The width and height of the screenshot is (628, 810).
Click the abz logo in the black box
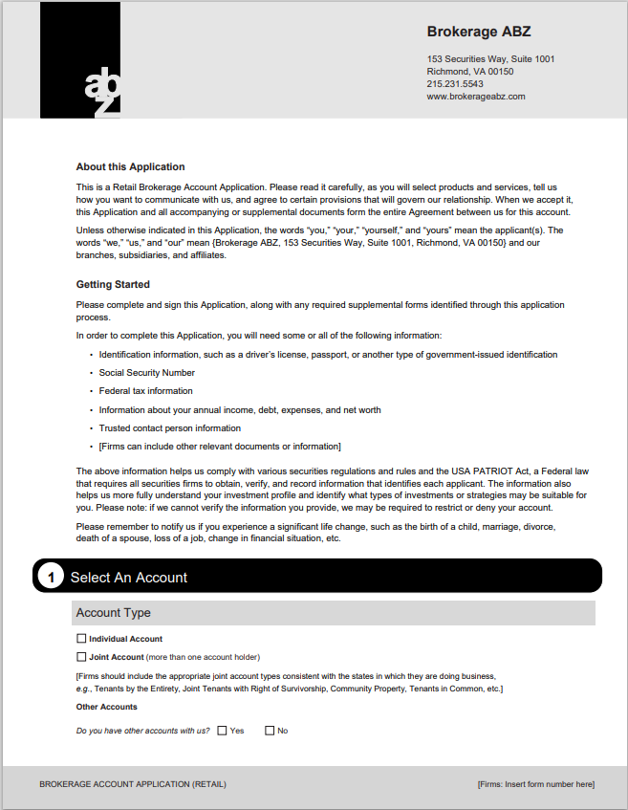[102, 91]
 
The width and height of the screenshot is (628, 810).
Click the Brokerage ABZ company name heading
[478, 33]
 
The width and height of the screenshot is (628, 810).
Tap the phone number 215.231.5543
[455, 84]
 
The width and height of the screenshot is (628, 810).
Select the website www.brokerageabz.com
[476, 97]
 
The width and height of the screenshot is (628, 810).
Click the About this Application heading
[130, 166]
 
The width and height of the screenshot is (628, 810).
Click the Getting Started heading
[113, 284]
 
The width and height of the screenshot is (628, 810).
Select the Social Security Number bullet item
[147, 373]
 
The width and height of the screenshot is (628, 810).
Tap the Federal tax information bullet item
[146, 391]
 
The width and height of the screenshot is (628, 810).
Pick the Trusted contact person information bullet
[170, 428]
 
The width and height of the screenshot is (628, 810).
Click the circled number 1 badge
[51, 577]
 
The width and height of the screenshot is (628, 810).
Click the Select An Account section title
[129, 578]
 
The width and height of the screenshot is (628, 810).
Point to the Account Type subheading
[113, 613]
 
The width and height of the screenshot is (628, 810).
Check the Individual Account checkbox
[81, 639]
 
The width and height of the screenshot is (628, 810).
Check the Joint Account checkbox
[81, 657]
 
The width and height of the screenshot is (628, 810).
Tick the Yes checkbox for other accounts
[222, 731]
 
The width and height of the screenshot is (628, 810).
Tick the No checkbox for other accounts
[270, 731]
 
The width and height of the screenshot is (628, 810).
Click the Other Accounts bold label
[106, 707]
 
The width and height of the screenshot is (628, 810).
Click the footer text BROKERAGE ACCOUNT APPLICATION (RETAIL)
[133, 784]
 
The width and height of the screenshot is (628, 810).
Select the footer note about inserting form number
[535, 784]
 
